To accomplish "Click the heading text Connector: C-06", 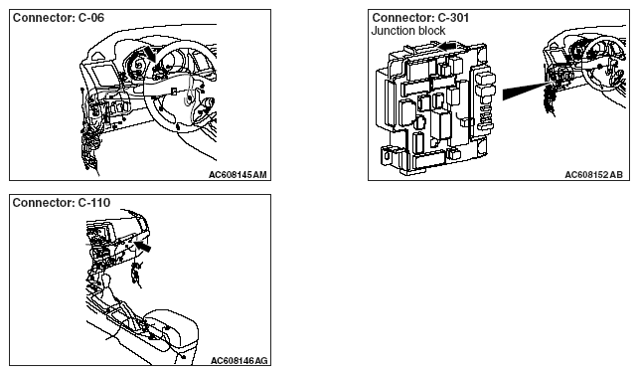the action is pos(59,18).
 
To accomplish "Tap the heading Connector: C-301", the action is pos(420,18).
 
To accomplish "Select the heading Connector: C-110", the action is pos(62,202).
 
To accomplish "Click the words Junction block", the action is pos(408,31).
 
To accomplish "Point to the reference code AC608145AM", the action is pos(238,175).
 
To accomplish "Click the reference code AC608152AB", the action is pos(593,175).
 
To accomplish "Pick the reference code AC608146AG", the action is pos(239,361).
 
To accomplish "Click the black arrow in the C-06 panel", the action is pos(149,55).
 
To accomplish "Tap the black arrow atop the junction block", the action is pos(446,46).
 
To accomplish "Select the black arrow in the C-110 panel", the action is pos(142,246).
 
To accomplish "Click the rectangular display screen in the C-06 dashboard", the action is pos(104,75).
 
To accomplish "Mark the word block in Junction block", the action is pos(431,31).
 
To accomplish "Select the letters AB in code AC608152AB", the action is pos(616,175).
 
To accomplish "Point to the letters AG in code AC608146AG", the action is pos(260,361).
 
